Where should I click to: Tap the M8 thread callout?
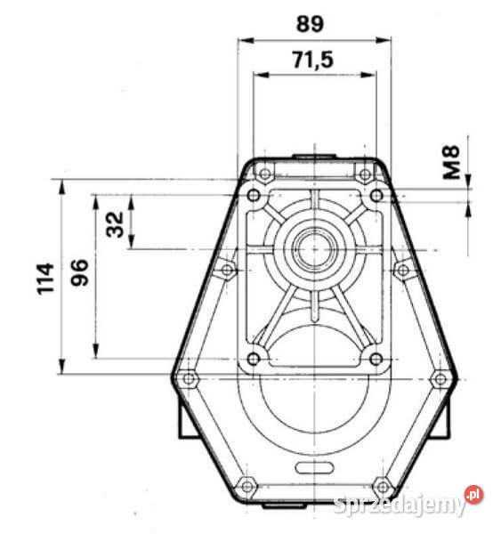(x=452, y=163)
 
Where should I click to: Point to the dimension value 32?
(x=115, y=222)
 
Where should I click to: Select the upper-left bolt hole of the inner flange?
(x=255, y=194)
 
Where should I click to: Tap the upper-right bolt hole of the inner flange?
(x=376, y=194)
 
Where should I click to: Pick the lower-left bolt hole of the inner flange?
(x=254, y=359)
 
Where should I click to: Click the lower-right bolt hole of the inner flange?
(x=376, y=359)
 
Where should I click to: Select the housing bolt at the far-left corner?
(x=188, y=379)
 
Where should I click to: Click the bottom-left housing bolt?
(x=246, y=487)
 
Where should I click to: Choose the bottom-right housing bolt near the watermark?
(x=382, y=487)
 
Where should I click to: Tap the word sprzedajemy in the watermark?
(x=399, y=506)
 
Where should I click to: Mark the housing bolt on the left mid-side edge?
(x=228, y=269)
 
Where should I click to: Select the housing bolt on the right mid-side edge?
(x=401, y=269)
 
